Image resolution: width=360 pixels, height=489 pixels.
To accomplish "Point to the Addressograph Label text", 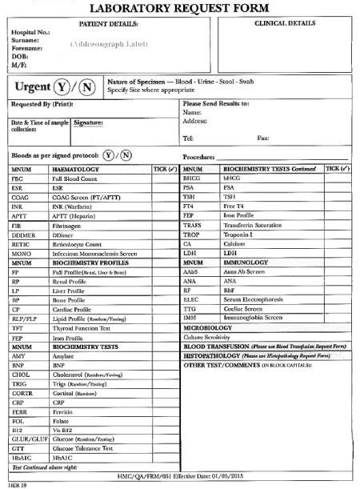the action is pos(105,44).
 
